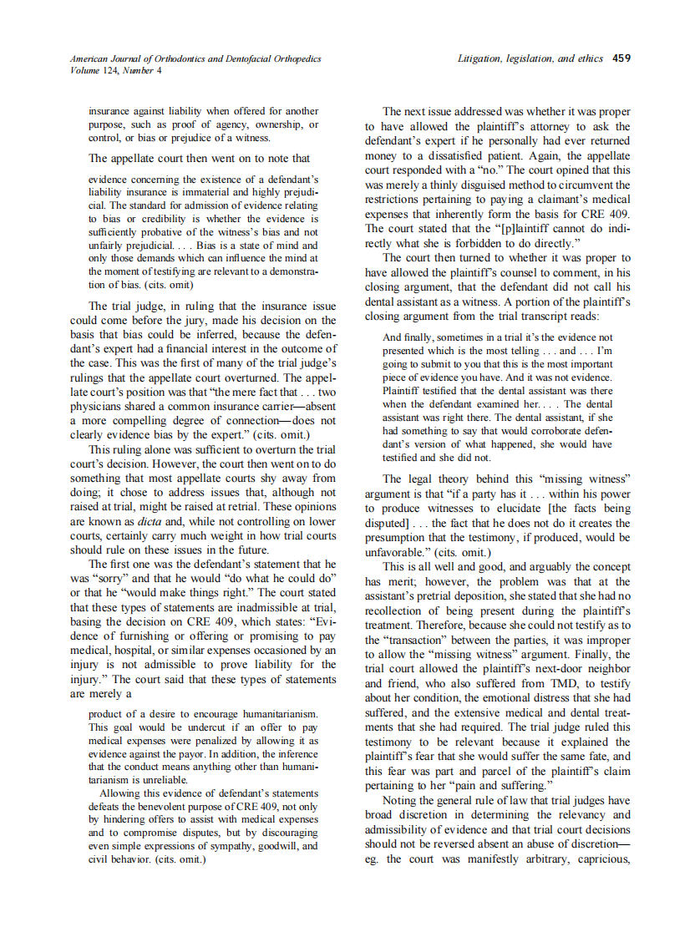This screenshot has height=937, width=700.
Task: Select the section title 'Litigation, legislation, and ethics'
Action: coord(532,59)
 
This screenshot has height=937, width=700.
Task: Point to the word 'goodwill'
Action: coord(266,845)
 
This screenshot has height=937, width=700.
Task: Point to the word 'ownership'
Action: coord(266,124)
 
